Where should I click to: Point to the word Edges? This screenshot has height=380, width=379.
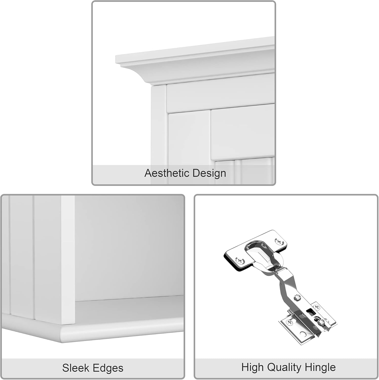[108, 368]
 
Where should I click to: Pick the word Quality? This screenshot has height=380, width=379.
[285, 367]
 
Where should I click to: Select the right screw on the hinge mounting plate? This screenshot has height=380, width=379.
[317, 308]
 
